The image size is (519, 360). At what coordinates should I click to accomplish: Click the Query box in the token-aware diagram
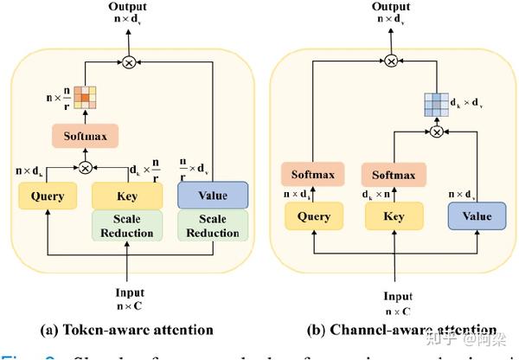pyautogui.click(x=48, y=196)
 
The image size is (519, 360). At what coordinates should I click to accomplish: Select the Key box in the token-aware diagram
pyautogui.click(x=126, y=196)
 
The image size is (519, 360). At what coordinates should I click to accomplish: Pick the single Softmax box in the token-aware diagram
pyautogui.click(x=85, y=136)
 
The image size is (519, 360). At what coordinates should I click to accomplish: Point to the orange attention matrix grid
pyautogui.click(x=86, y=100)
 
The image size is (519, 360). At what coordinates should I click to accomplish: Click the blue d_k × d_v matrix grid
pyautogui.click(x=437, y=105)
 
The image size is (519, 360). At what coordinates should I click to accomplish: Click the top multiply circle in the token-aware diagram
pyautogui.click(x=129, y=61)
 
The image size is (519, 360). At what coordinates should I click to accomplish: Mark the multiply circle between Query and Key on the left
pyautogui.click(x=86, y=168)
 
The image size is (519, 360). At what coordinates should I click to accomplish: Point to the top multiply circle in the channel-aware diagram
pyautogui.click(x=391, y=61)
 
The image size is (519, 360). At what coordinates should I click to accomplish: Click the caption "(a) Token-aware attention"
pyautogui.click(x=128, y=330)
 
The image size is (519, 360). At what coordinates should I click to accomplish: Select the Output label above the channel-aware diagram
pyautogui.click(x=391, y=8)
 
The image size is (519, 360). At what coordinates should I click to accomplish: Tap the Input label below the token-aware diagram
pyautogui.click(x=129, y=292)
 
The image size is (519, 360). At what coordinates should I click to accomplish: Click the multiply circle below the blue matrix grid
pyautogui.click(x=437, y=132)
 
